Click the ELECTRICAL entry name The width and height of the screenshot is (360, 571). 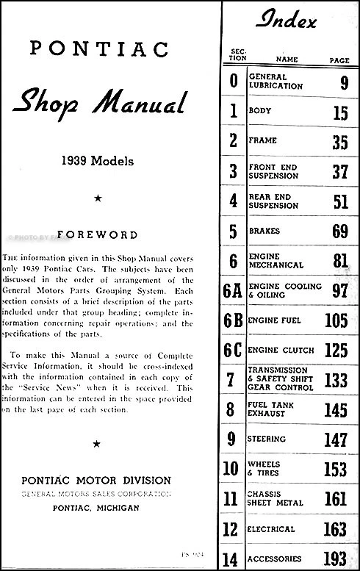pos(273,528)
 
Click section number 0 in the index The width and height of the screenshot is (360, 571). pos(233,81)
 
